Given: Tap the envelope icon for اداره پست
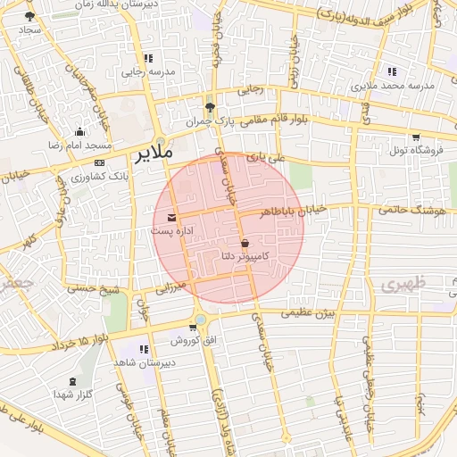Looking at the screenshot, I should click(171, 217).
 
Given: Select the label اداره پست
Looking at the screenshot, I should click(170, 231).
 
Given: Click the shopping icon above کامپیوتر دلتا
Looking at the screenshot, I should click(245, 243).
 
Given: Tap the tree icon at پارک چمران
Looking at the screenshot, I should click(210, 105).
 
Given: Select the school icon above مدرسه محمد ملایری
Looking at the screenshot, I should click(392, 71).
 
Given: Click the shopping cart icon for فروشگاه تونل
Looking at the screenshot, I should click(416, 137).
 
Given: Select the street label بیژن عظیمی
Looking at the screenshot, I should click(306, 313).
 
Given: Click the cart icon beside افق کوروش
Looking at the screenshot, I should click(193, 328).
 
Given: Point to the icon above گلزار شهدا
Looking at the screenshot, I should click(72, 381).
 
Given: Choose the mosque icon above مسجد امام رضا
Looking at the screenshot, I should click(79, 132).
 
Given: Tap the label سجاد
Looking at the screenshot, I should click(30, 30).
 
